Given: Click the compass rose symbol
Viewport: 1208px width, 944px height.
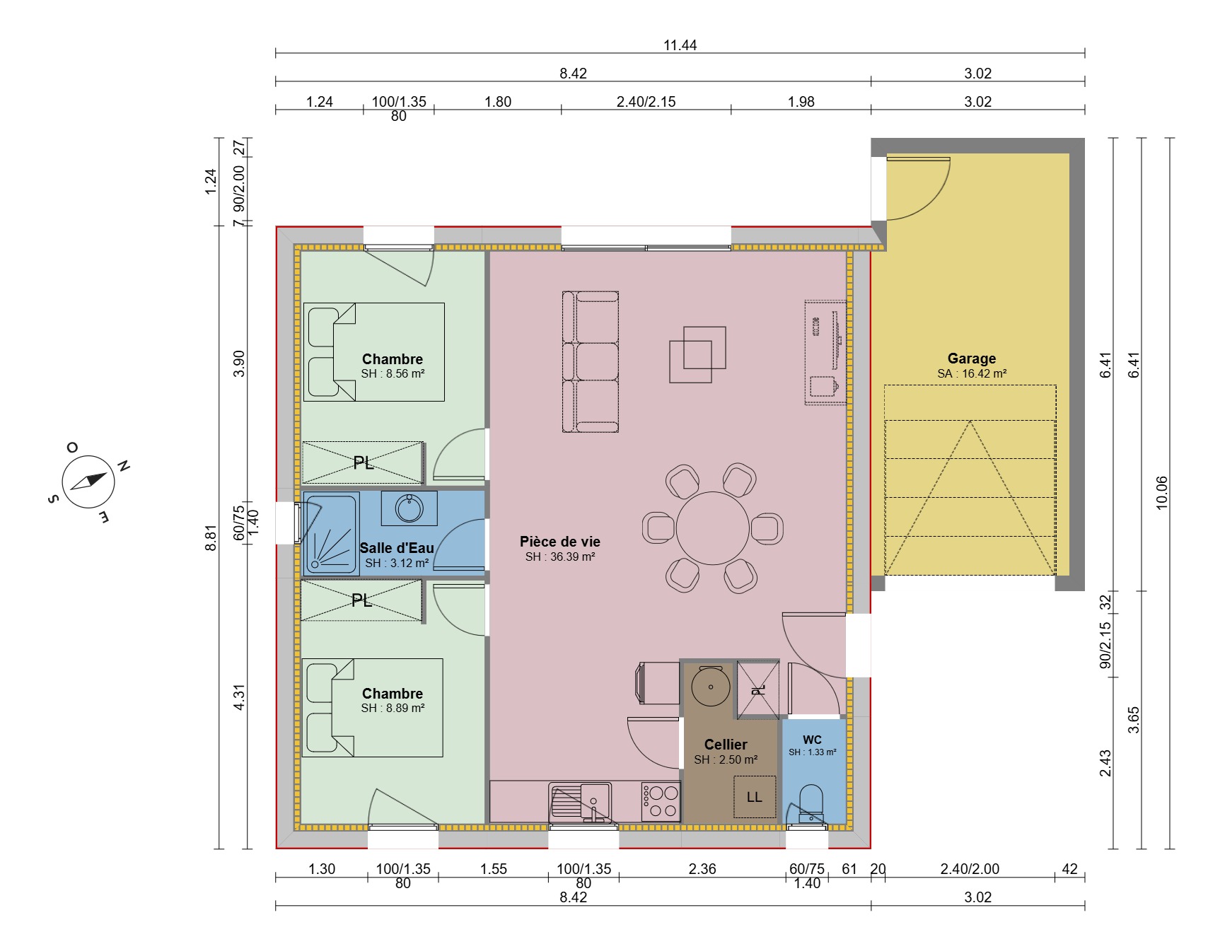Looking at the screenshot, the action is [88, 481].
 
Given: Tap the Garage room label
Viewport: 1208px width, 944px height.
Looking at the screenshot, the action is [971, 359].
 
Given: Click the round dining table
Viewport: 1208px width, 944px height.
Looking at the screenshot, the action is [712, 528].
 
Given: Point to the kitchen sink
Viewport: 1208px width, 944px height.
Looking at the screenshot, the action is [581, 802].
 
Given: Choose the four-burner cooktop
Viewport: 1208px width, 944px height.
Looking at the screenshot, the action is [660, 802].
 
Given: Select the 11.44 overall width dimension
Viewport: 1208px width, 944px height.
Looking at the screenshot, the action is [680, 45].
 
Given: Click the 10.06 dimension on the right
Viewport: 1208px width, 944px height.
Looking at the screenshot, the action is [1161, 493].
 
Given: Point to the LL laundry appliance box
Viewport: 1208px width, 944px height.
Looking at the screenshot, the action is [755, 797].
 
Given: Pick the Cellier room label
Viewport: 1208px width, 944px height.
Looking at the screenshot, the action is [726, 745].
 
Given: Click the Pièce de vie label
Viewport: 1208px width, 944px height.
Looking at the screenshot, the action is [560, 542].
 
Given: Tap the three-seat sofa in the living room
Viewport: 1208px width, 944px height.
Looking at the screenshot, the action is [591, 361].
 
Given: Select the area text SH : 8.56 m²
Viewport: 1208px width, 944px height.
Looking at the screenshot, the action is [393, 374].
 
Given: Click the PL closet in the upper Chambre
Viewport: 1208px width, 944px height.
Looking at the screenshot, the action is [363, 463].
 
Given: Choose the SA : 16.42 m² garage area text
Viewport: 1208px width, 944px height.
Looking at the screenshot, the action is [972, 374].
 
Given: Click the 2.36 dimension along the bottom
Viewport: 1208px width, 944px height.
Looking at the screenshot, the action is [702, 869].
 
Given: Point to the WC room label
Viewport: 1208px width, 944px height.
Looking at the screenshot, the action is [812, 740].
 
